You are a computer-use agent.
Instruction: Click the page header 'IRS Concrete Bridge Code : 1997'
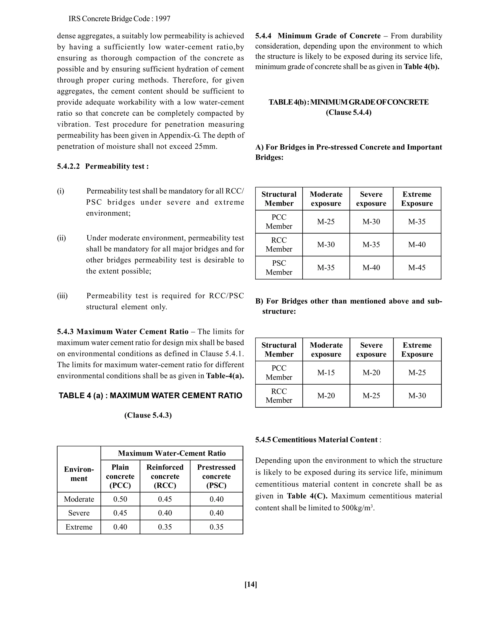(119, 19)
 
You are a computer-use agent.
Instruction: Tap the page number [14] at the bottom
(251, 584)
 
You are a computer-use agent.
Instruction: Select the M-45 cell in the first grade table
(417, 268)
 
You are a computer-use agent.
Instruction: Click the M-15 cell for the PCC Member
(326, 372)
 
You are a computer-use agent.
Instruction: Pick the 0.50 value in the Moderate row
(120, 499)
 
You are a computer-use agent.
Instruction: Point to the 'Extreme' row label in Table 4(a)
(79, 527)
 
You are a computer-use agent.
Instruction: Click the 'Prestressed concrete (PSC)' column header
(216, 476)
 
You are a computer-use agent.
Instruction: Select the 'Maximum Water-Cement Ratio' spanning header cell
(172, 453)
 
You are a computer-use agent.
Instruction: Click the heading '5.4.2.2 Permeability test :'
(103, 166)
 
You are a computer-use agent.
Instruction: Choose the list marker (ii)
(61, 238)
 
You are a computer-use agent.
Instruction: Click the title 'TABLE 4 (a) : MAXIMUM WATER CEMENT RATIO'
(150, 395)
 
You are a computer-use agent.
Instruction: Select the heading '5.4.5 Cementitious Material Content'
(316, 440)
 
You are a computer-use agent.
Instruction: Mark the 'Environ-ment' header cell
(79, 474)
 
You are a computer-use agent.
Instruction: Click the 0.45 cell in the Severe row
(120, 513)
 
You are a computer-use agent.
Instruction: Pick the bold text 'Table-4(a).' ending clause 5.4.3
(225, 376)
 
